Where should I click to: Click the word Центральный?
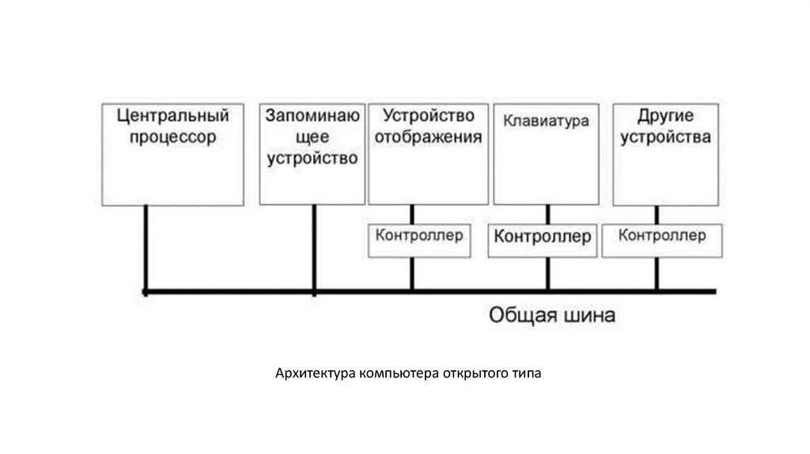click(172, 116)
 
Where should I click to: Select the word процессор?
click(172, 137)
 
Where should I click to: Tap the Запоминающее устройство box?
click(312, 153)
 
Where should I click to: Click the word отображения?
click(428, 137)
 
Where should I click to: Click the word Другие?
click(665, 116)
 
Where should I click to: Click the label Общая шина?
click(551, 316)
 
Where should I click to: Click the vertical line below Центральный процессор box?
click(146, 248)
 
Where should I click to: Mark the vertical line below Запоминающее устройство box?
click(315, 248)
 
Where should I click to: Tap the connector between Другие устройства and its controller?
click(657, 215)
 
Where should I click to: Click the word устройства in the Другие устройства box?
click(665, 137)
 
